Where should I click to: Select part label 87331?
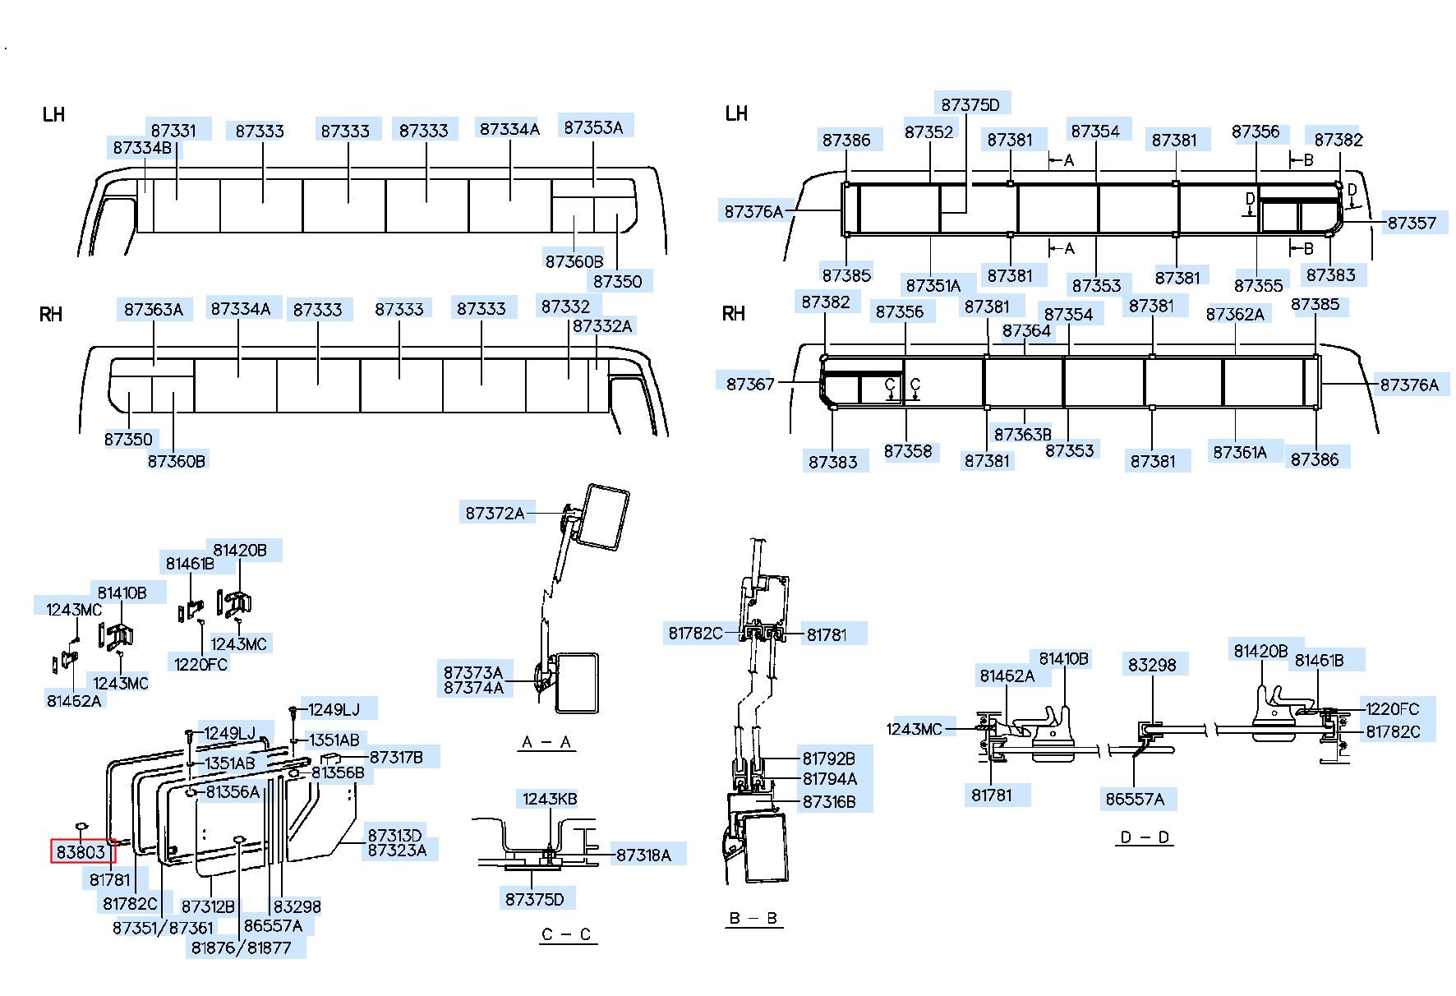(x=173, y=130)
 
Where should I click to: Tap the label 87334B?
(x=142, y=148)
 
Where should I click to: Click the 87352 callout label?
(x=928, y=131)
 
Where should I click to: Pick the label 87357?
(x=1412, y=223)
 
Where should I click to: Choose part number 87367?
(x=750, y=384)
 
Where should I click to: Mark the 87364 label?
(x=1026, y=330)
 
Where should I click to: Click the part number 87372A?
(x=495, y=513)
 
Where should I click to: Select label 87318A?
(x=643, y=855)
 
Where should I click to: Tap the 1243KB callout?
(x=550, y=799)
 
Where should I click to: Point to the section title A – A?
(x=546, y=743)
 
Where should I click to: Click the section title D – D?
(x=1145, y=837)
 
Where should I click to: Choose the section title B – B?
(x=753, y=918)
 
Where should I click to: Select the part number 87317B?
(x=396, y=757)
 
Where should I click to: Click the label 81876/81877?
(x=242, y=948)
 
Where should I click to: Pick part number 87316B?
(x=829, y=801)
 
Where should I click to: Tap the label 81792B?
(x=829, y=759)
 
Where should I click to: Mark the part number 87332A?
(x=602, y=325)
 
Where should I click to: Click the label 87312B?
(x=208, y=906)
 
